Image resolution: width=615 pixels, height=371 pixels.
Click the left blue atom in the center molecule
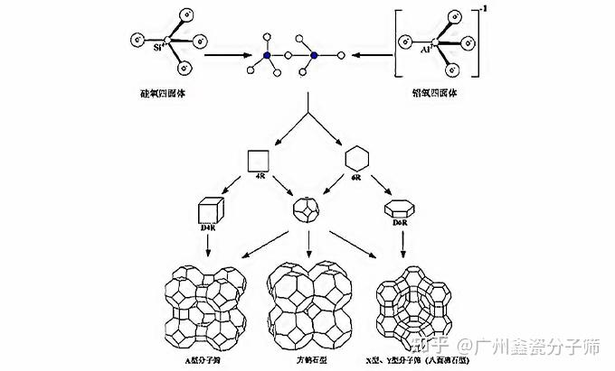268,55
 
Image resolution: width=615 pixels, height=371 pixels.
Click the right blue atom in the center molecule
314,55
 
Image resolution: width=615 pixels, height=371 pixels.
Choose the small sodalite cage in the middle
307,212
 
